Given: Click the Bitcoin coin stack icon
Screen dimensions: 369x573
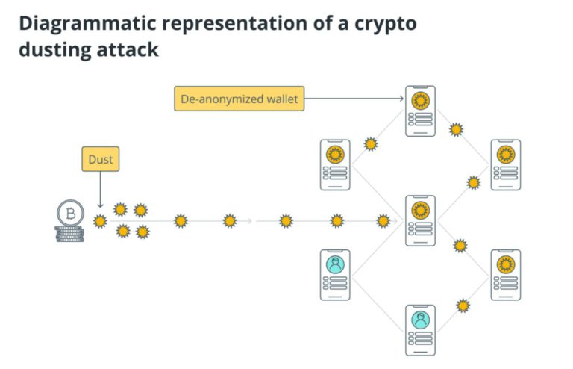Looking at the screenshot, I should coord(70,222).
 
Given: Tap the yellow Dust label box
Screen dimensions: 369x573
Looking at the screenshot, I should coord(100,159).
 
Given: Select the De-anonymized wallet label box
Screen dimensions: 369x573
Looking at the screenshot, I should coord(239,99).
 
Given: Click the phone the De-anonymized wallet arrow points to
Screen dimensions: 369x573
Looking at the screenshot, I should coord(420,111).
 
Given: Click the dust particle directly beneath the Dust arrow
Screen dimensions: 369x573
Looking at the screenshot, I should coord(100,221).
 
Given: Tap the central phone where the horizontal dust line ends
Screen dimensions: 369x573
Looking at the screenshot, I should coord(420,220).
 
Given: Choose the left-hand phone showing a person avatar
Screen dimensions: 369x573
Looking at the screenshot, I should coord(335,275).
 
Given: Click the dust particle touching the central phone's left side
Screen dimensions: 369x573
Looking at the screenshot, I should coord(383,221).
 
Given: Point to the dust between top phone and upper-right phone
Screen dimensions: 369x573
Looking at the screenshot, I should coord(456,130).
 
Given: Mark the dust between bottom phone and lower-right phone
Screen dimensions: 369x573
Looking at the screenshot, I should coord(463,305).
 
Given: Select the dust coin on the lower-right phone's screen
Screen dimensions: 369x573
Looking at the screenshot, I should coord(505,264).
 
